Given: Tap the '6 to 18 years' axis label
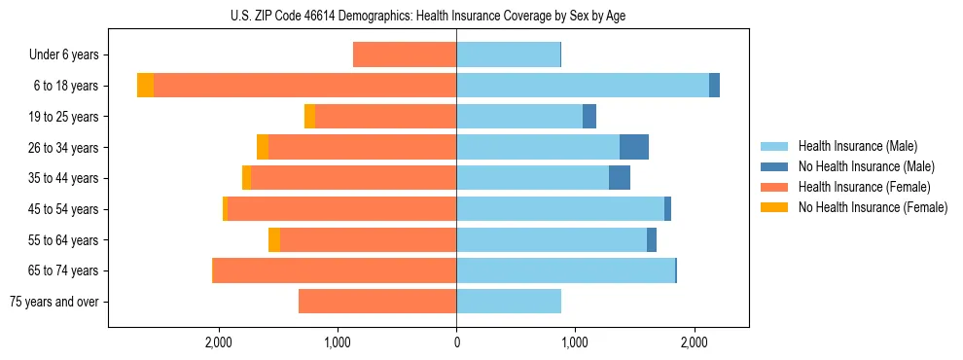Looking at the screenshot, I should [66, 86].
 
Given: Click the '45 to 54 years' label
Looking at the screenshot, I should [63, 209].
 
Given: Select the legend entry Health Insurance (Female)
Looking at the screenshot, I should [864, 187].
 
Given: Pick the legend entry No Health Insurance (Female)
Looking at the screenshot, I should [872, 207].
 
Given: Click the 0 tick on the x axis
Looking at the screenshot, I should [456, 343].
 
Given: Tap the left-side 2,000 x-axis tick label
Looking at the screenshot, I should [218, 343].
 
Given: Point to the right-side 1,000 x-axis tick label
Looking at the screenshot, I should [575, 343].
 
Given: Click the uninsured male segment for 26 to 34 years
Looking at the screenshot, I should [634, 147].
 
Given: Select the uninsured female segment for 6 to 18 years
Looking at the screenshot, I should [145, 86].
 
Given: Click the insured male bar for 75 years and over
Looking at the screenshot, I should [509, 302].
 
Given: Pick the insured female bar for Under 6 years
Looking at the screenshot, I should [405, 55].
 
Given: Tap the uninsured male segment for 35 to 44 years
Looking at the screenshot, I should [620, 178].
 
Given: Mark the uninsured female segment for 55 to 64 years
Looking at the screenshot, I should [274, 239].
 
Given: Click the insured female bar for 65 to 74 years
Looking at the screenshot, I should [335, 270].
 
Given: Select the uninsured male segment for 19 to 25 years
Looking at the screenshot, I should [589, 117].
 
